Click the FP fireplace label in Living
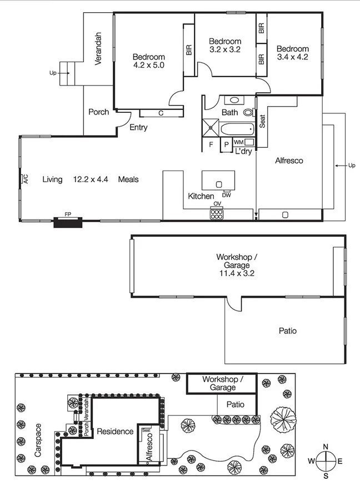(x=68, y=214)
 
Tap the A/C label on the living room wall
(x=25, y=179)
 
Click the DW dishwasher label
(x=226, y=195)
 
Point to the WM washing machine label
(x=238, y=143)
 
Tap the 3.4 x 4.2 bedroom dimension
(x=292, y=57)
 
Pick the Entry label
(x=138, y=128)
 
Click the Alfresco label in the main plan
(x=289, y=161)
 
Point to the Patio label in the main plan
(x=287, y=331)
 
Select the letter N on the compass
(x=326, y=447)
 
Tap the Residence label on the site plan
(x=115, y=431)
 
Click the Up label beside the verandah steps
(x=53, y=73)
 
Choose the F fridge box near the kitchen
(x=211, y=144)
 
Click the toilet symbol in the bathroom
(x=248, y=112)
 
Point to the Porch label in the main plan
(x=98, y=112)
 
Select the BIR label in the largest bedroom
(x=189, y=50)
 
